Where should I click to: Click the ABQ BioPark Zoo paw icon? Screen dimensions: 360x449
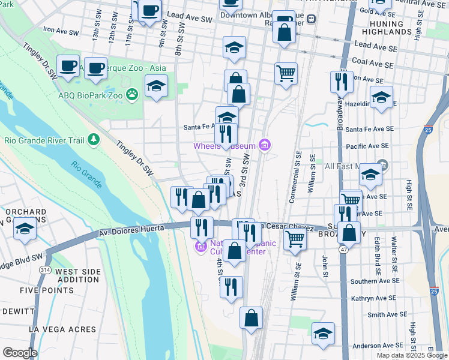tap(132, 94)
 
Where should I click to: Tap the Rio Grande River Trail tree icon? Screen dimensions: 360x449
tap(93, 140)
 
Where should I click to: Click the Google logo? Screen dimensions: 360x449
tap(20, 353)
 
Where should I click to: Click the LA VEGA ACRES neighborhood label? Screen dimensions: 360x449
tap(65, 329)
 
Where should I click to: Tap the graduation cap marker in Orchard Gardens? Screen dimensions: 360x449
tap(25, 229)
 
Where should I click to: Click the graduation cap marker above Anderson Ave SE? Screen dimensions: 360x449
tap(323, 334)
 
